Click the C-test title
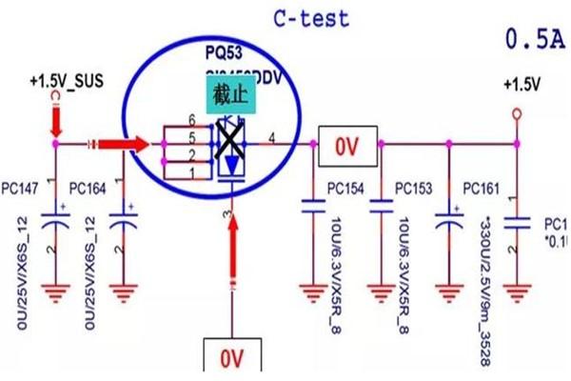[x=310, y=18]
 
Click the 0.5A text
[x=536, y=39]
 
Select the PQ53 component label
[x=226, y=50]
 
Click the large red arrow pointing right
[x=118, y=144]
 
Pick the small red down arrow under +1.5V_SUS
[x=56, y=119]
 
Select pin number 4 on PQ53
[x=274, y=137]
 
